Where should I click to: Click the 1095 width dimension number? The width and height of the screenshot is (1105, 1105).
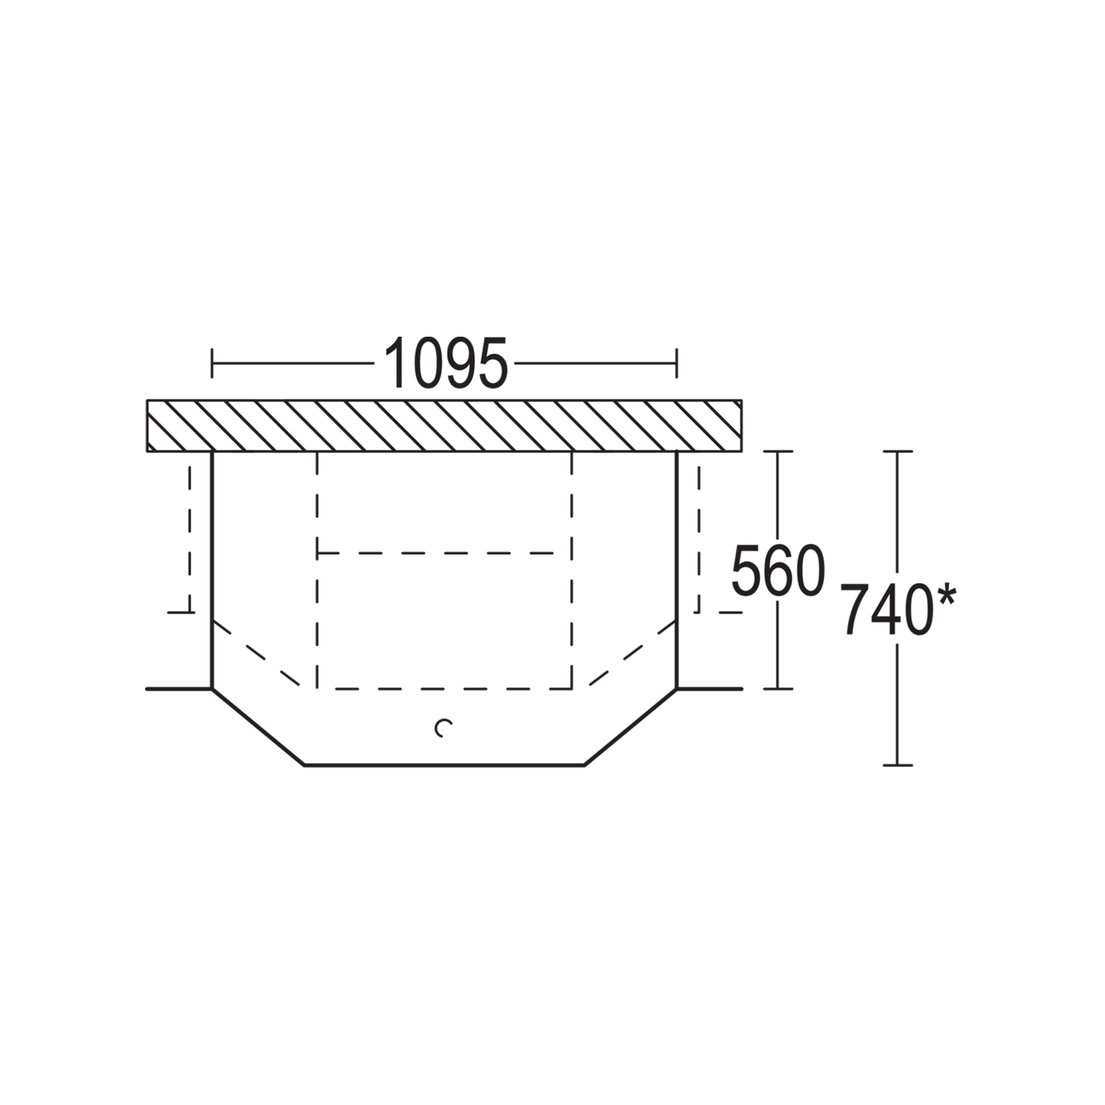[446, 363]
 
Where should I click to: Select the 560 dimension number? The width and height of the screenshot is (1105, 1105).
[778, 570]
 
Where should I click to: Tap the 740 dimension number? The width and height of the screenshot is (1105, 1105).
[886, 609]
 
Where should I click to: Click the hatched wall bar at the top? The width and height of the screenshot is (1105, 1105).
[444, 425]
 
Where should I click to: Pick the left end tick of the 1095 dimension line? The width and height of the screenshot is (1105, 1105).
[212, 363]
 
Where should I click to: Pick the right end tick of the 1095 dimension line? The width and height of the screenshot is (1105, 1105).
[677, 363]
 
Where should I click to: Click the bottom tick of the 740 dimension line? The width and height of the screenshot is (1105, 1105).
[897, 765]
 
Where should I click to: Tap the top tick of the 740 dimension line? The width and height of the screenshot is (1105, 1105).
[897, 451]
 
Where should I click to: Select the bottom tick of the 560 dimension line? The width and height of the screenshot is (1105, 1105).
[778, 688]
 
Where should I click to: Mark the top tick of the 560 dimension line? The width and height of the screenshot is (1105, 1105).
[778, 451]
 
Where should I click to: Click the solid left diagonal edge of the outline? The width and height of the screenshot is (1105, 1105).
[258, 727]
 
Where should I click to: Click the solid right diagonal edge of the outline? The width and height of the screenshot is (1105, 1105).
[631, 727]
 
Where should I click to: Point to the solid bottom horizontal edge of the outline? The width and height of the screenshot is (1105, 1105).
[444, 765]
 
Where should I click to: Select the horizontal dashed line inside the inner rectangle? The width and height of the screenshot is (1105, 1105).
[436, 553]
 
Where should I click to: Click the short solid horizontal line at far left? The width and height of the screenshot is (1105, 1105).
[179, 688]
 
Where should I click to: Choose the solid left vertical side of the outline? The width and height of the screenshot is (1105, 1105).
[212, 570]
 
